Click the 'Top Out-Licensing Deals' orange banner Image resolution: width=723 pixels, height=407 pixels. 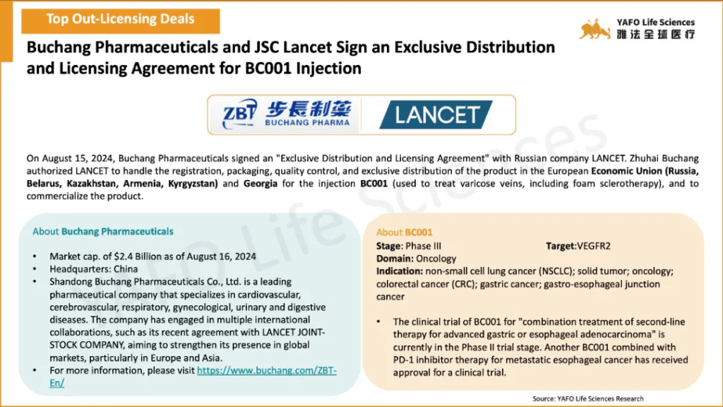click(x=120, y=20)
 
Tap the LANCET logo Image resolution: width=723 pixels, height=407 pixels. click(x=436, y=115)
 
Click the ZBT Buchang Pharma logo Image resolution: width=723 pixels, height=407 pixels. click(x=286, y=114)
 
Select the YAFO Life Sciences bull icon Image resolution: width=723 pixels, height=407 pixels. click(x=594, y=29)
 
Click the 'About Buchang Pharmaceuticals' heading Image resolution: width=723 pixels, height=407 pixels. click(x=103, y=231)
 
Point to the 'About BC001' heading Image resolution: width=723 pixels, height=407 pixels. click(x=405, y=232)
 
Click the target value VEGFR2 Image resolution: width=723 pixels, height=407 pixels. click(x=594, y=246)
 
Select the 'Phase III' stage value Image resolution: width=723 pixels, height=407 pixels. click(x=424, y=246)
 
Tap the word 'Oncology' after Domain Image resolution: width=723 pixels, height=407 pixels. click(x=436, y=259)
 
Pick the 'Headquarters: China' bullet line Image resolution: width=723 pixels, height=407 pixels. click(x=94, y=269)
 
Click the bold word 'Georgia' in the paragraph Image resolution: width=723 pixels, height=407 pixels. click(x=261, y=184)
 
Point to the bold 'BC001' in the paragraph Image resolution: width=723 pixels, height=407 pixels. click(x=374, y=184)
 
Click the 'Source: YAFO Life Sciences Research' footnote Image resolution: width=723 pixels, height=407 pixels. click(x=588, y=399)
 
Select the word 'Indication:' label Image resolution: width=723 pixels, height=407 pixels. click(x=400, y=271)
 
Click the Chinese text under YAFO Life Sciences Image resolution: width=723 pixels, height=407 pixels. click(x=656, y=34)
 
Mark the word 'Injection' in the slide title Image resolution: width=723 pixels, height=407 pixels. click(x=328, y=69)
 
